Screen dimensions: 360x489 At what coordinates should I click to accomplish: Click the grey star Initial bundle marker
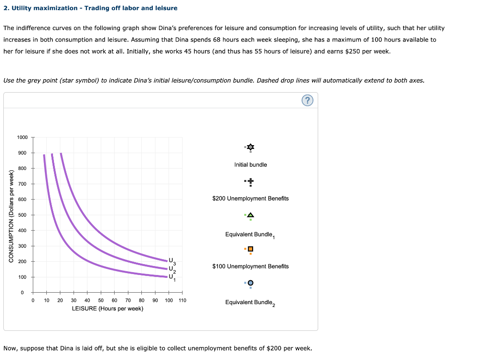click(251, 147)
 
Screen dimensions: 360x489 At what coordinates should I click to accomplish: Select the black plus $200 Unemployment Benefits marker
click(251, 181)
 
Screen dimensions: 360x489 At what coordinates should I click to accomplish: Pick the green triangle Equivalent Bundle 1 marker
click(251, 215)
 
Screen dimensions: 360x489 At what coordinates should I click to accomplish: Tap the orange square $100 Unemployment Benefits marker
click(250, 249)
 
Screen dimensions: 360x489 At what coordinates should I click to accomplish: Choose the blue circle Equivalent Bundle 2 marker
click(250, 283)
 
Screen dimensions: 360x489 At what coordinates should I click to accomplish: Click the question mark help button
click(308, 101)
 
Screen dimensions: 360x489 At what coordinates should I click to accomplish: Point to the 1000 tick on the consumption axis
click(22, 138)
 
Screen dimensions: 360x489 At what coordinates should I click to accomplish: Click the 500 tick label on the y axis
click(22, 215)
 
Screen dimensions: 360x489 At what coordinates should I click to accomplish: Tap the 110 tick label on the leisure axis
click(182, 300)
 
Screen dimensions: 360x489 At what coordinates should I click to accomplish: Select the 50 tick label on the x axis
click(101, 300)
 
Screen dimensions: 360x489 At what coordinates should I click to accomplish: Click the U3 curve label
click(172, 261)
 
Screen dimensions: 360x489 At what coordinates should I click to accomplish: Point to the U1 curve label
click(172, 277)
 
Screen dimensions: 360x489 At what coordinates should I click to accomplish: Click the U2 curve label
click(172, 269)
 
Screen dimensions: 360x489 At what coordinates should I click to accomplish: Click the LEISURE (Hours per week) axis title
click(107, 308)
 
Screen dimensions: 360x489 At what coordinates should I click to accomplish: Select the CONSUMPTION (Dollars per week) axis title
click(11, 215)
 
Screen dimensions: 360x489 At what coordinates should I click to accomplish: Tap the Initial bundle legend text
click(251, 165)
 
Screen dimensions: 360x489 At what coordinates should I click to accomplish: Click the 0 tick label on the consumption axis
click(22, 292)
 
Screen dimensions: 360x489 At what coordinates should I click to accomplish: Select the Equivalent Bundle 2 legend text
click(251, 303)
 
